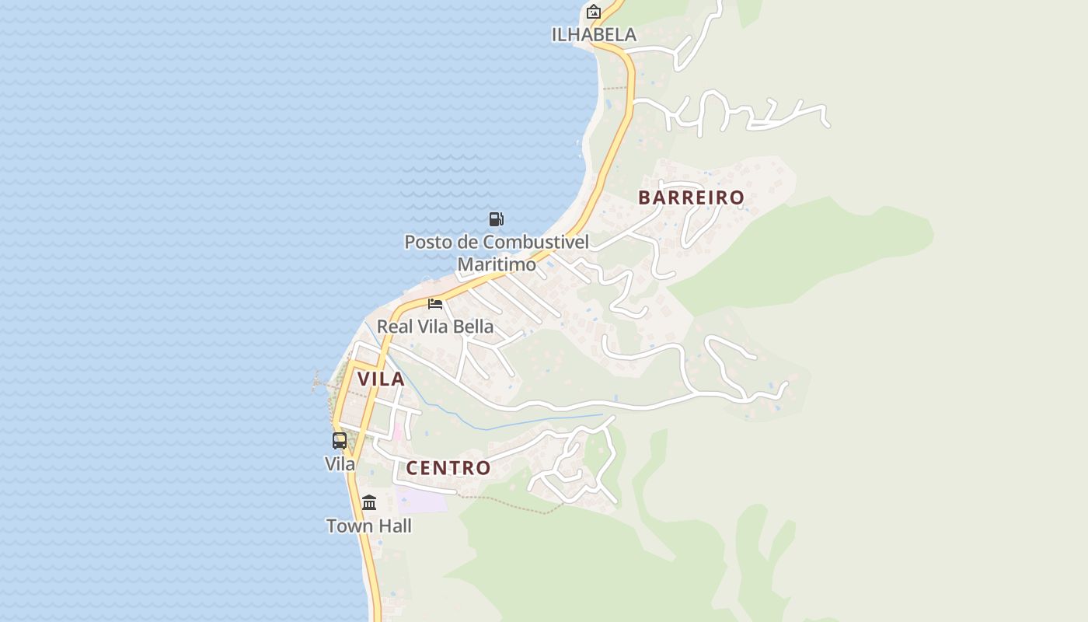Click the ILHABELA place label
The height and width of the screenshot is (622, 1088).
pos(594,34)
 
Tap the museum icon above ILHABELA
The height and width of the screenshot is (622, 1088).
pos(594,12)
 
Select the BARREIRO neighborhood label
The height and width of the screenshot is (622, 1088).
pos(691,197)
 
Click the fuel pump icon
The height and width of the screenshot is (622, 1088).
pos(496,218)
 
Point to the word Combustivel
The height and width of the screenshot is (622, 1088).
pos(536,242)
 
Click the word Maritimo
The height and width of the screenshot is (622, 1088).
pos(497,264)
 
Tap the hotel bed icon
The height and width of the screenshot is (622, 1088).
pos(435,303)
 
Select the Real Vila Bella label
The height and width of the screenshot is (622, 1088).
pos(435,327)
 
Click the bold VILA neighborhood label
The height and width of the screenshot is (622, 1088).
pos(381,379)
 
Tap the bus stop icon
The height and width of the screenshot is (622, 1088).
pos(340,441)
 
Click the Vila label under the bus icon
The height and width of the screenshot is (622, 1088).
pos(340,464)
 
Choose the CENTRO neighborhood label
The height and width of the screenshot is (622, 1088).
pos(448,468)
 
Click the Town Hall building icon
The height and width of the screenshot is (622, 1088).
pos(369,502)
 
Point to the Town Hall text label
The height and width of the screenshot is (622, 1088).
pos(369,526)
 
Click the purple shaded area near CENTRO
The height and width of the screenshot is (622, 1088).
pos(422,500)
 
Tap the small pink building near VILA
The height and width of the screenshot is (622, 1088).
pos(398,431)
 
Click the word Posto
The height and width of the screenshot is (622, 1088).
pos(427,242)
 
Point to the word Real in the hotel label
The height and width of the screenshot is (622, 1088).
pos(393,327)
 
